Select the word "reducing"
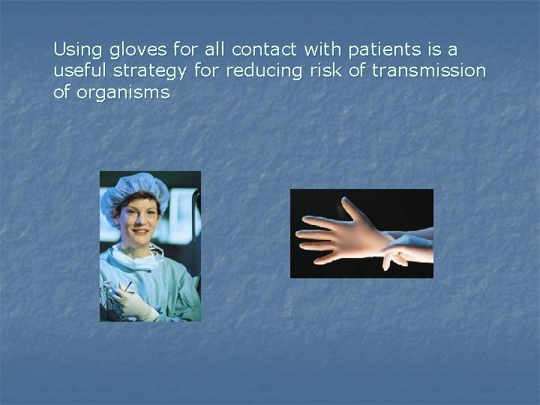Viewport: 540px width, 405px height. click(261, 72)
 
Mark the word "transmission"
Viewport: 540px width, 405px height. click(427, 71)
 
